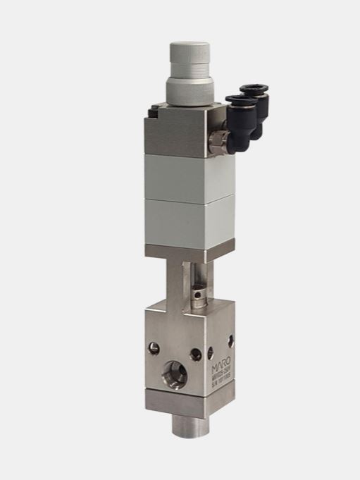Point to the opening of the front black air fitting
pos(233,104)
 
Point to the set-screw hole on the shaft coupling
pos(199,293)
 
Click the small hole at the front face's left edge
pos(153,347)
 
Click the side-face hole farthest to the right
pos(230,343)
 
